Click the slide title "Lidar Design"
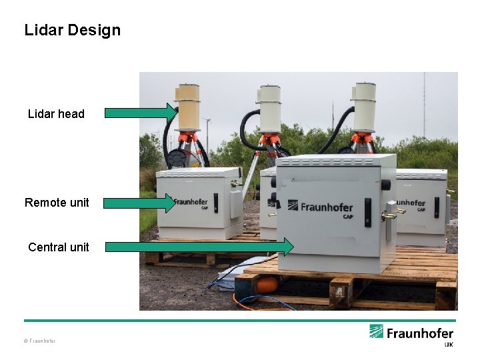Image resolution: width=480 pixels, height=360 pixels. (x=72, y=30)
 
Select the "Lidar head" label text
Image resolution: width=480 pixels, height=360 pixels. (x=56, y=114)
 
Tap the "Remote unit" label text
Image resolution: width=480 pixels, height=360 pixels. (x=57, y=202)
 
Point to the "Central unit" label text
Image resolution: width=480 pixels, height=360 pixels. (x=58, y=247)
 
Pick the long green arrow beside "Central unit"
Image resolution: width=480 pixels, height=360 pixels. (x=199, y=247)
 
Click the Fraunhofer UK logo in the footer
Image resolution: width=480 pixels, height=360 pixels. (x=411, y=334)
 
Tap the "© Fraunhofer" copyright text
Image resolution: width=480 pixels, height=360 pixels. (x=40, y=341)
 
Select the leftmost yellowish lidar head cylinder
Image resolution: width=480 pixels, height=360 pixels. (x=188, y=107)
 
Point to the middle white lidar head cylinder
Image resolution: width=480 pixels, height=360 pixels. (x=270, y=108)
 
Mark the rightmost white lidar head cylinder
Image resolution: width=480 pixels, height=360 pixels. (x=365, y=107)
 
